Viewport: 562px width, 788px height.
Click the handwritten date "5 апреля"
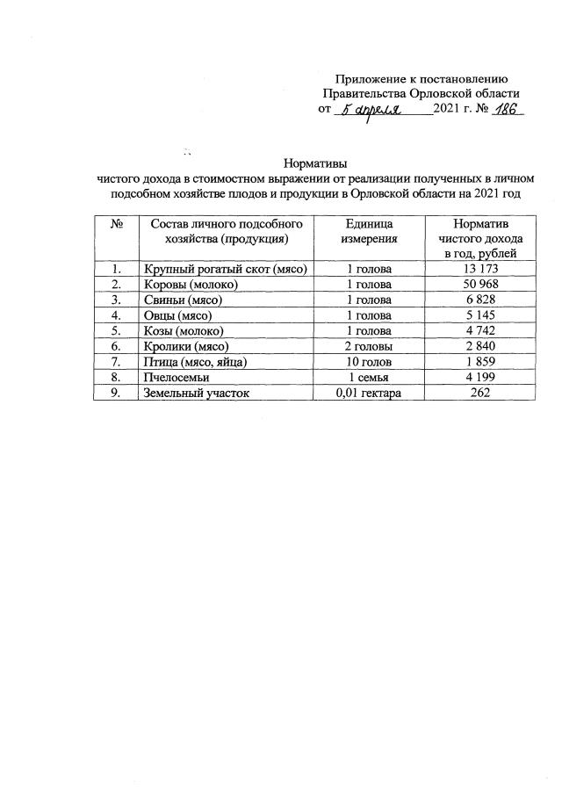tap(371, 112)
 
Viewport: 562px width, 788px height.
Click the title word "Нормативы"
tap(315, 163)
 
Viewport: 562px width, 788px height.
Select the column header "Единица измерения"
tap(371, 231)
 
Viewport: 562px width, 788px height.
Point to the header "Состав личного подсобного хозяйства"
tap(226, 231)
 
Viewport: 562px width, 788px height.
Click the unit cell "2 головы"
tap(371, 347)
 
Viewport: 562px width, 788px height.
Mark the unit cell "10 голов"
tap(371, 362)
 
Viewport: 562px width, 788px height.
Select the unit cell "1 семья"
tap(371, 378)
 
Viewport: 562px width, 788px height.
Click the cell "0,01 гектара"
tap(370, 394)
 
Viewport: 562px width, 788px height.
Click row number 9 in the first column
tap(116, 394)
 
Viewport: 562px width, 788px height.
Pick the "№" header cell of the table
tap(116, 224)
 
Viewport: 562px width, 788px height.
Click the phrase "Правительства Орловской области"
tap(421, 93)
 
